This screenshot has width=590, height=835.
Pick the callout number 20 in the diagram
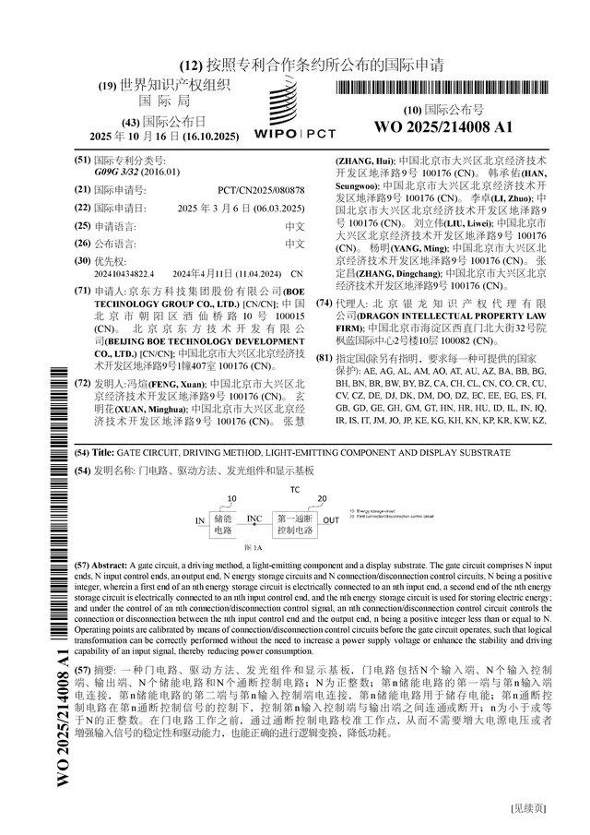click(x=322, y=499)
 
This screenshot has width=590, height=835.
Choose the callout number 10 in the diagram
click(x=231, y=499)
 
